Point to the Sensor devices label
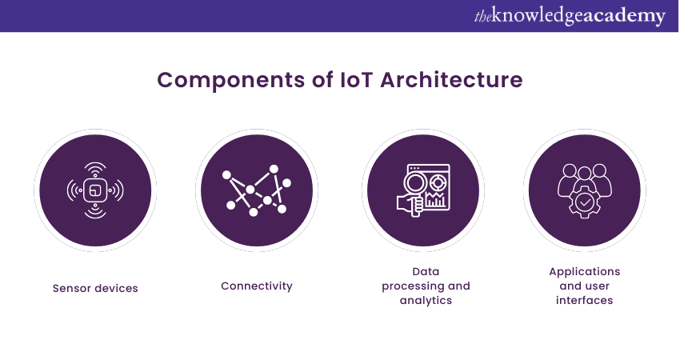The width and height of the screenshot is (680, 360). tap(95, 288)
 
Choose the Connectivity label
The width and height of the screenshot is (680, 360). tap(257, 286)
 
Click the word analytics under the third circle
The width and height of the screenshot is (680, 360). tap(426, 301)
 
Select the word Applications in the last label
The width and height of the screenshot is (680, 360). tap(584, 271)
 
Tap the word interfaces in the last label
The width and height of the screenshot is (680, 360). tap(584, 301)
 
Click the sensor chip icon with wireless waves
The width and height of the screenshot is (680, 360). tap(95, 190)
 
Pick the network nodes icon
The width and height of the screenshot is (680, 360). tap(257, 190)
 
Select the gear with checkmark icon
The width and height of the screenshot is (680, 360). tap(585, 203)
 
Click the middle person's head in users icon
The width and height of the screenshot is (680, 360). tap(585, 170)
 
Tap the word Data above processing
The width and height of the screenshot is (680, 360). tap(426, 271)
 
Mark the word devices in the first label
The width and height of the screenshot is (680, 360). tap(117, 288)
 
